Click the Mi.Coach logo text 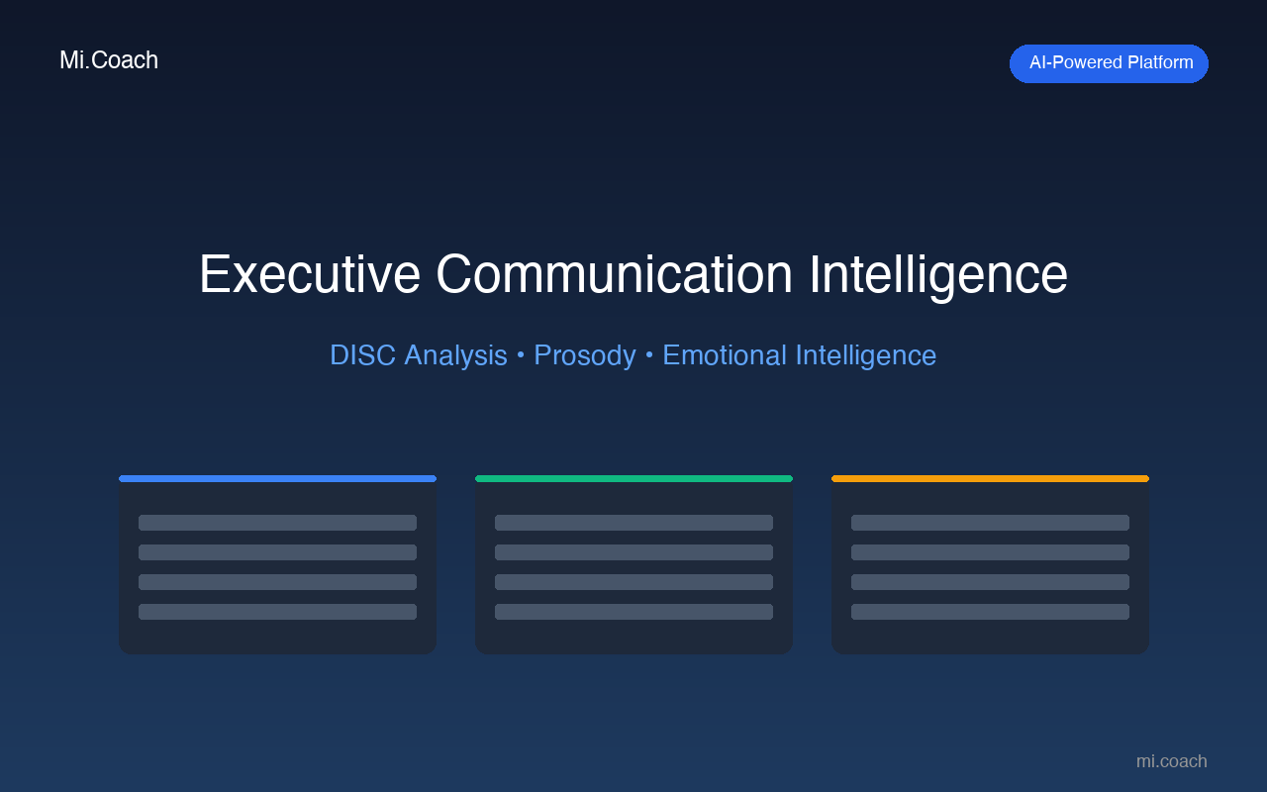(109, 60)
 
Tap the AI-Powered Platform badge (1109, 63)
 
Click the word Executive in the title (309, 274)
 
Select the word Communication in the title (614, 274)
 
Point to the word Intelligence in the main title (937, 274)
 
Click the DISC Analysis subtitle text (418, 355)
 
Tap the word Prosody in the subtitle (584, 355)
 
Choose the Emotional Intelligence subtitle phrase (799, 355)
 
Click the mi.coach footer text (1171, 761)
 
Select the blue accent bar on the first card (277, 479)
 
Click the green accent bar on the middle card (633, 479)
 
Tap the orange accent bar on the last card (990, 479)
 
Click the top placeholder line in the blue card (277, 523)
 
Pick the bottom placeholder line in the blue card (277, 612)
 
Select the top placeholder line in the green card (633, 523)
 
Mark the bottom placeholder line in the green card (633, 612)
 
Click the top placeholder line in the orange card (990, 523)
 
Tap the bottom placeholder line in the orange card (990, 612)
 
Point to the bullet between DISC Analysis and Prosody (521, 355)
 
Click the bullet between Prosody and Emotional (649, 355)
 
